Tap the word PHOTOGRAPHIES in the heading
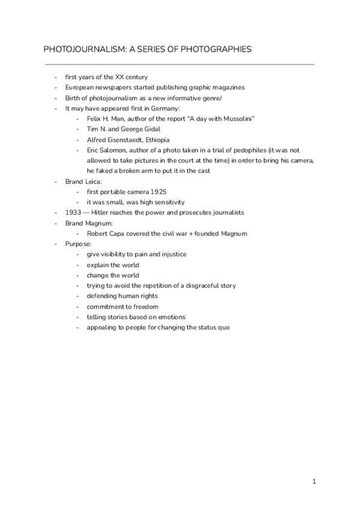click(217, 49)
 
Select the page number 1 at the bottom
click(314, 481)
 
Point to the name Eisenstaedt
click(127, 139)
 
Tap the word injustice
click(172, 254)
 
